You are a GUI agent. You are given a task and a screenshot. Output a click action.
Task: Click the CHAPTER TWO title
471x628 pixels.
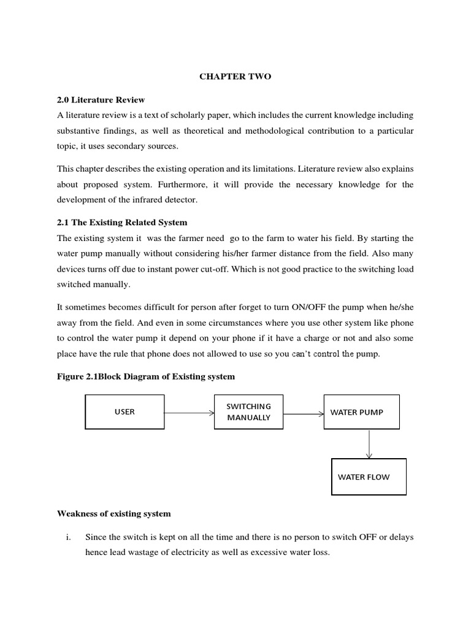(x=235, y=77)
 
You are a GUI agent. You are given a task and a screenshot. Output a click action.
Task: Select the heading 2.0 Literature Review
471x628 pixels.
(x=101, y=100)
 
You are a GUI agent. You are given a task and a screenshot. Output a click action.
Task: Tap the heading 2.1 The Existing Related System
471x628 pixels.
(x=122, y=222)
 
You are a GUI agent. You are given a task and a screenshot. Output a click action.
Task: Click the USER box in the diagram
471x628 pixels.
(x=124, y=412)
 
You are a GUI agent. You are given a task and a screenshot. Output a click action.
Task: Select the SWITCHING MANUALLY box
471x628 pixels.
(x=248, y=412)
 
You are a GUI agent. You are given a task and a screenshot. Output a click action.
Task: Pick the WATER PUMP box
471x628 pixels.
(x=362, y=412)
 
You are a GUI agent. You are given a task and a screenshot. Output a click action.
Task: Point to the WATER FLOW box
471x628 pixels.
(x=369, y=477)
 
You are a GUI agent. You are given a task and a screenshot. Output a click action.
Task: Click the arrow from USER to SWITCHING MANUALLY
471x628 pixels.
(x=189, y=412)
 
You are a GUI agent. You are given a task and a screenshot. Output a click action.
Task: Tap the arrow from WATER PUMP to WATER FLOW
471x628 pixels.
(x=369, y=443)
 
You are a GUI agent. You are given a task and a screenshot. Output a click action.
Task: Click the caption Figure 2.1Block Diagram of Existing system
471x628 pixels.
(x=146, y=377)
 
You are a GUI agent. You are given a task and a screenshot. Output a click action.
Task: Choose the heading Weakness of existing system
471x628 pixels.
(x=114, y=513)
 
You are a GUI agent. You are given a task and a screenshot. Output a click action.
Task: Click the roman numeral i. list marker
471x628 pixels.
(x=69, y=537)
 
